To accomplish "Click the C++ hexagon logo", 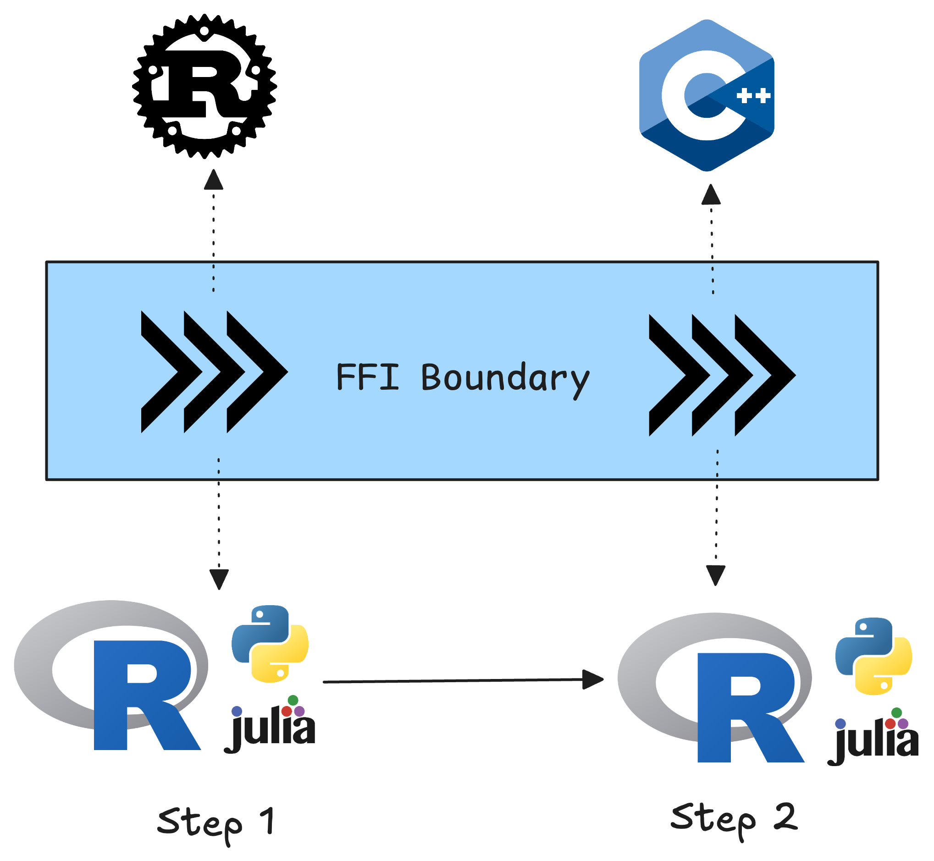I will (x=706, y=95).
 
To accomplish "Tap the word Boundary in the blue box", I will (x=505, y=378).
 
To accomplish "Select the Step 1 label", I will (x=216, y=823).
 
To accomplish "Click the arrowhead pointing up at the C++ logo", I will (x=711, y=194).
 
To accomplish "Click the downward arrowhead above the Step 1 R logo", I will (x=219, y=579).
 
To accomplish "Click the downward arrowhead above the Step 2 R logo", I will (x=716, y=575).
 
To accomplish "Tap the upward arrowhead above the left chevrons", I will (x=214, y=180).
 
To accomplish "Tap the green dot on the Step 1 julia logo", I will (x=293, y=700).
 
